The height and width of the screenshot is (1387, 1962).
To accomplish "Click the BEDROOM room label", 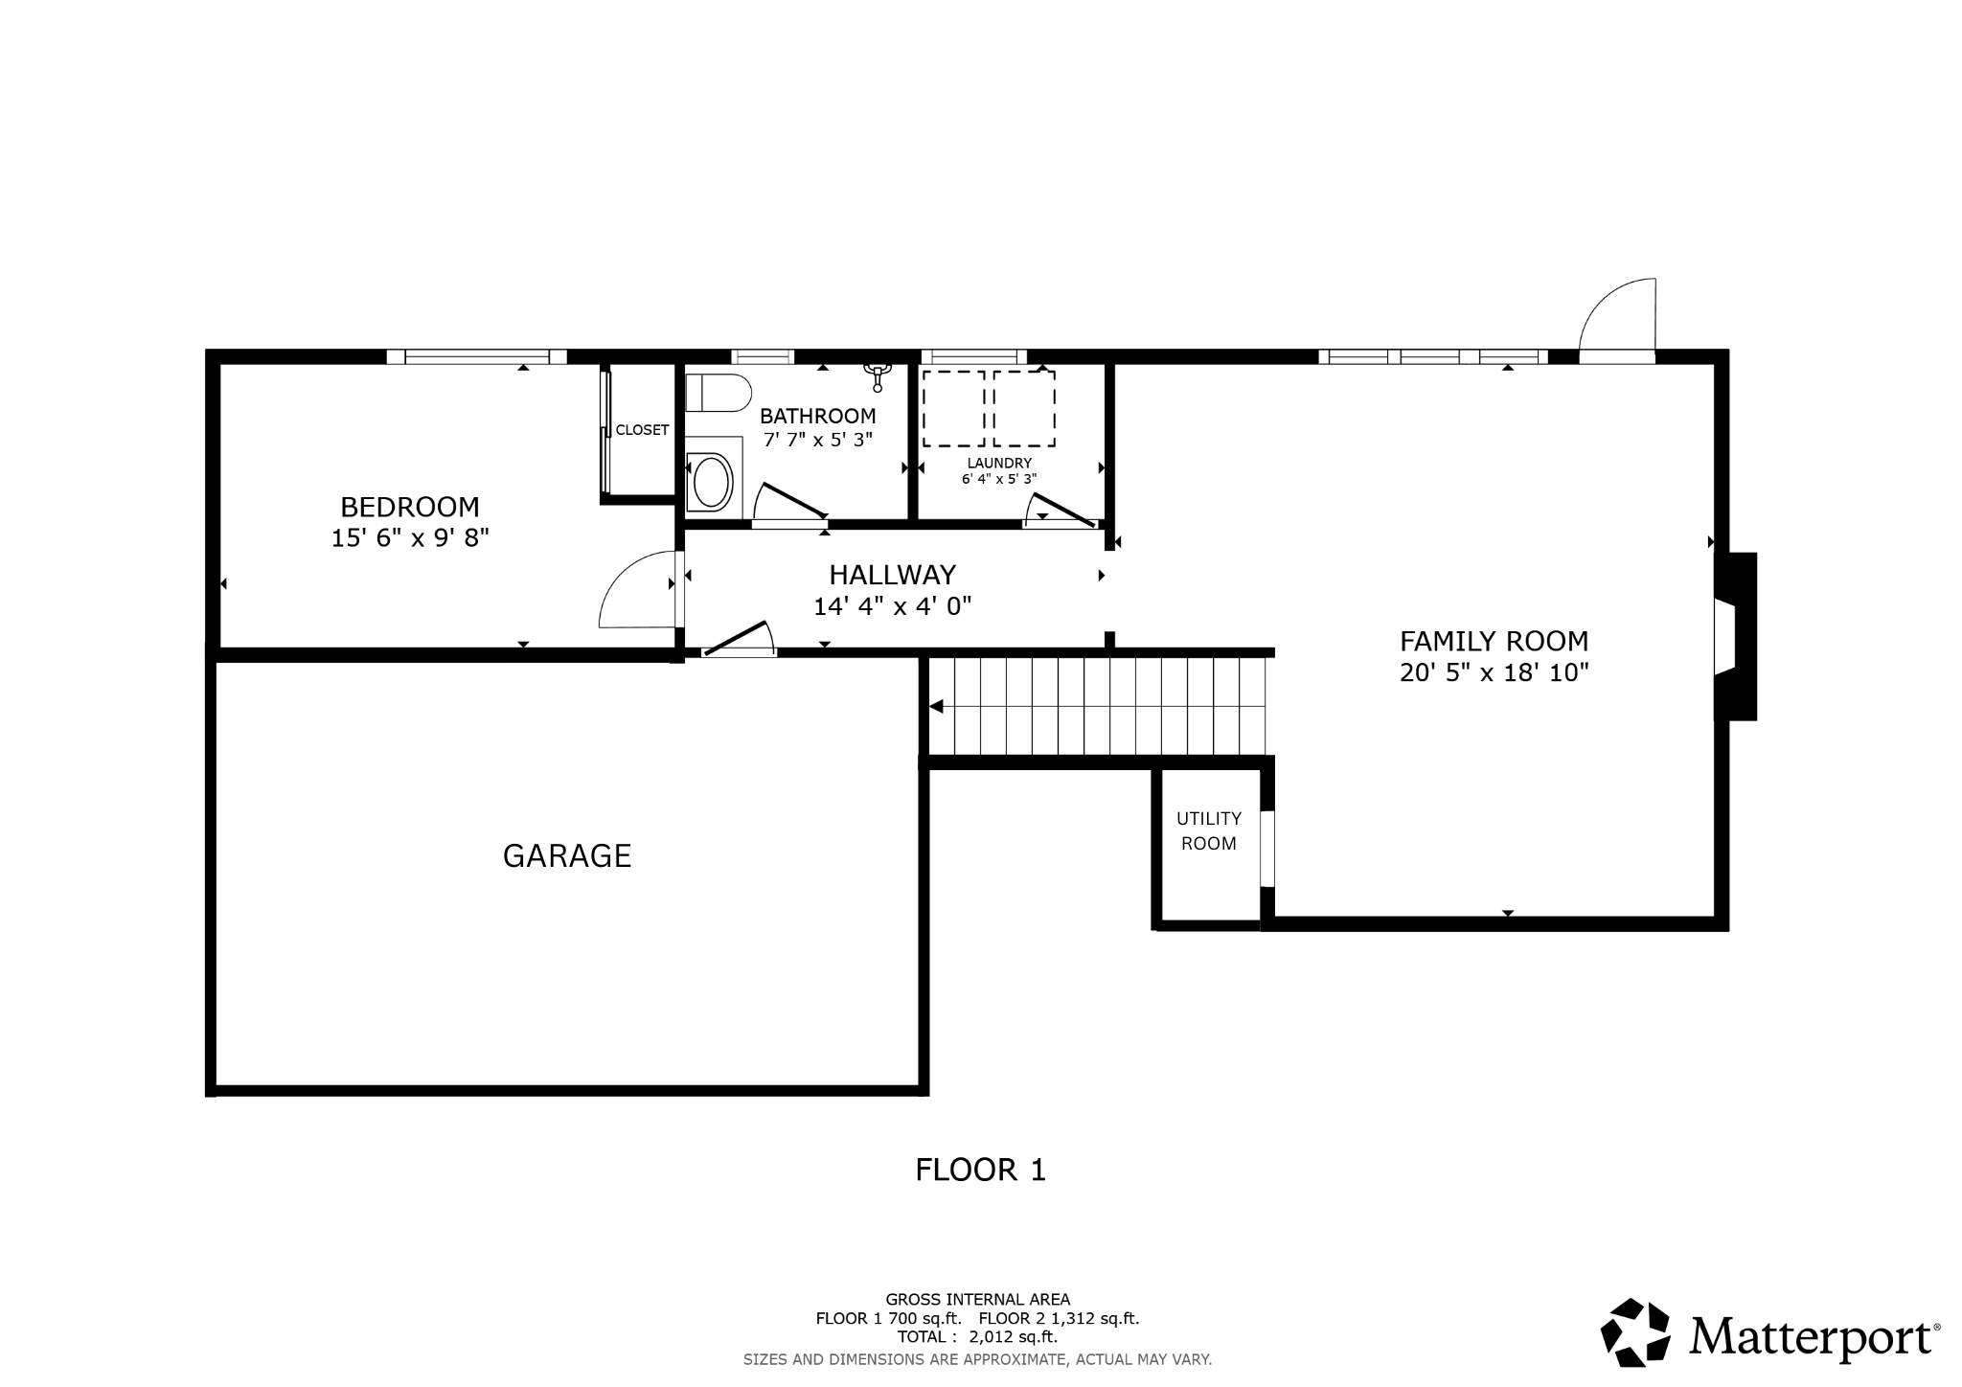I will tap(410, 507).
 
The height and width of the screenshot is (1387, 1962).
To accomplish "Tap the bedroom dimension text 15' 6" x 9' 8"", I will tap(410, 538).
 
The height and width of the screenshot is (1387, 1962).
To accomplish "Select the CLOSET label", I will tap(642, 430).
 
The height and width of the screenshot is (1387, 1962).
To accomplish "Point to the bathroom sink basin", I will tap(712, 482).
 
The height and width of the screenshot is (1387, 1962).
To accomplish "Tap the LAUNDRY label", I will tap(999, 463).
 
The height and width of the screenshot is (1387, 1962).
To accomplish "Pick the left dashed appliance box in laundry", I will tap(953, 409).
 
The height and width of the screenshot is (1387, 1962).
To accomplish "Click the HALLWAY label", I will tap(892, 575).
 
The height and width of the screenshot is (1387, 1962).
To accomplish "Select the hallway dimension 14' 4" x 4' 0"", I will tap(892, 606).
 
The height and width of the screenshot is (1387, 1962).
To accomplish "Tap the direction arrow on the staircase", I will tap(937, 707).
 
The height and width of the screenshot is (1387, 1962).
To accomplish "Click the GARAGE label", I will tap(567, 855).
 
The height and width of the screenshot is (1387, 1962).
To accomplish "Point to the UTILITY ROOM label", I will tap(1208, 830).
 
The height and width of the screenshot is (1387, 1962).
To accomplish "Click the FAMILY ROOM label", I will tap(1494, 641).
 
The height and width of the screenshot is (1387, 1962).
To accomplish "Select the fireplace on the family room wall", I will tap(1736, 636).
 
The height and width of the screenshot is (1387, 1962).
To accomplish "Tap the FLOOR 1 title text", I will tap(980, 1170).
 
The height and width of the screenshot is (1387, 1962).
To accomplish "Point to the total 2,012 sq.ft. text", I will tap(976, 1336).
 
